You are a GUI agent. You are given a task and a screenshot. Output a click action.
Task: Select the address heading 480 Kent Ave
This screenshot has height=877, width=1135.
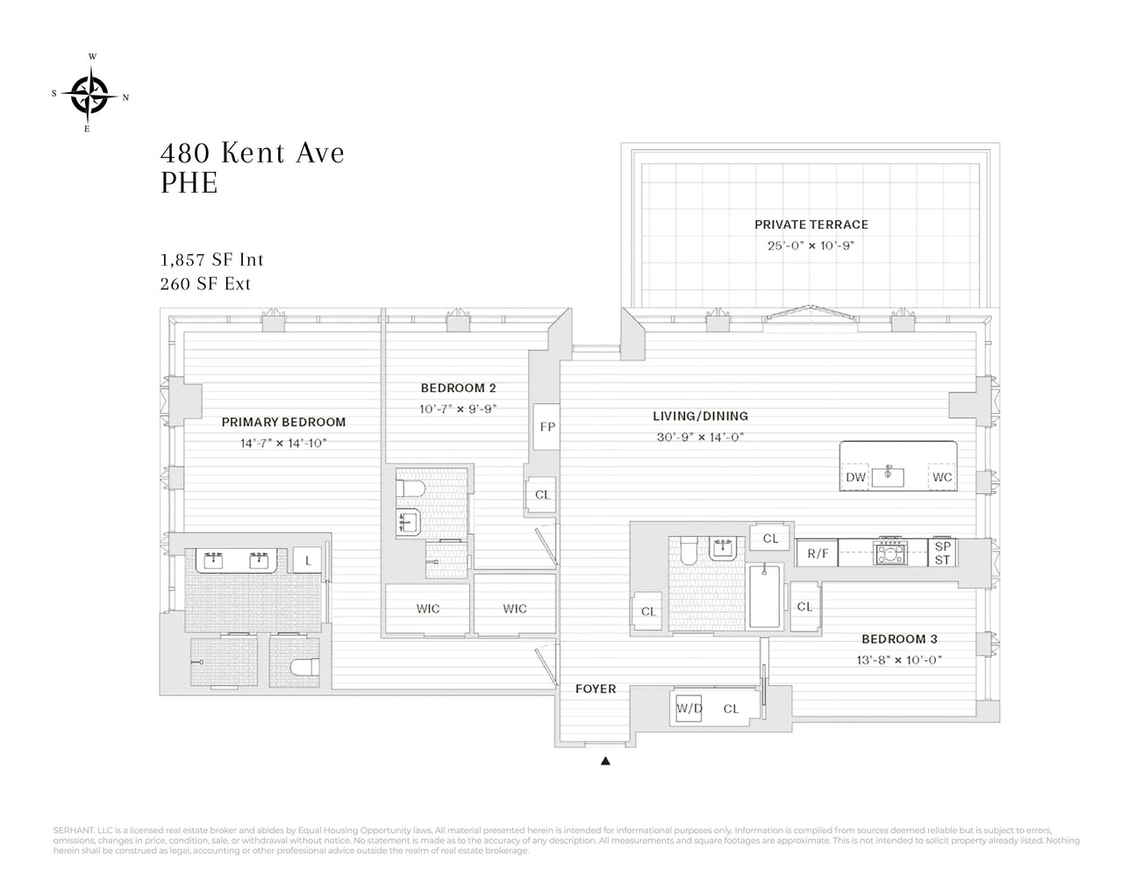(253, 153)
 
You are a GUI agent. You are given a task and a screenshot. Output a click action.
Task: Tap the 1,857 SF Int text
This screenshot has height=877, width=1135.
(211, 260)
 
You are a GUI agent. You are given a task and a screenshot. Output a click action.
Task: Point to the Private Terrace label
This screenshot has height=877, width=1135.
(810, 225)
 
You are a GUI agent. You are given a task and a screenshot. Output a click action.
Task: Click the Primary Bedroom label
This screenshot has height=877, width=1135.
(283, 422)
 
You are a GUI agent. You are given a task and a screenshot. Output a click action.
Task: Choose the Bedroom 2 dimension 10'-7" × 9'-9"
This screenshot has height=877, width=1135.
(458, 408)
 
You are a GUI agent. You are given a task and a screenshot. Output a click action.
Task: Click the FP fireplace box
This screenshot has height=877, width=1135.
(547, 427)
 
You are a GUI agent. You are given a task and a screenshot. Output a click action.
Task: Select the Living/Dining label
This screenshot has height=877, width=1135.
(700, 416)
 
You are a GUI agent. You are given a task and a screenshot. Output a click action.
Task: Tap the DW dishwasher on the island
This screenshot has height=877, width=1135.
(856, 477)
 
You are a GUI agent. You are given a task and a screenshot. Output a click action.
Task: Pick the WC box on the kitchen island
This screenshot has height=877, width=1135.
(942, 477)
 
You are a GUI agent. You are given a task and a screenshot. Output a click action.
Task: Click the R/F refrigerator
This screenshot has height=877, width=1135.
(817, 553)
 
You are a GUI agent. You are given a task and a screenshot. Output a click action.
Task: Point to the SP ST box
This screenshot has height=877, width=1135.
(942, 552)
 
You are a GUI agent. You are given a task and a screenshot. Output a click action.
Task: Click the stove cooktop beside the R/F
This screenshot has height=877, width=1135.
(893, 553)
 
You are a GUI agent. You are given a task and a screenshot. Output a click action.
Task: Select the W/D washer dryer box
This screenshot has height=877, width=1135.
(688, 709)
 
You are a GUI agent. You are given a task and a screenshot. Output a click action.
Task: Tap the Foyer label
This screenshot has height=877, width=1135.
(595, 688)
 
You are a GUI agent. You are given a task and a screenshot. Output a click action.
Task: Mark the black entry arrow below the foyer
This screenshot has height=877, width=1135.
(604, 761)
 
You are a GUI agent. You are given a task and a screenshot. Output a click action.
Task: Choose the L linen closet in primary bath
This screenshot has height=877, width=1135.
(307, 560)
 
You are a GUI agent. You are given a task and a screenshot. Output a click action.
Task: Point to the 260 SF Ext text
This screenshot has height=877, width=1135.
(205, 284)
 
